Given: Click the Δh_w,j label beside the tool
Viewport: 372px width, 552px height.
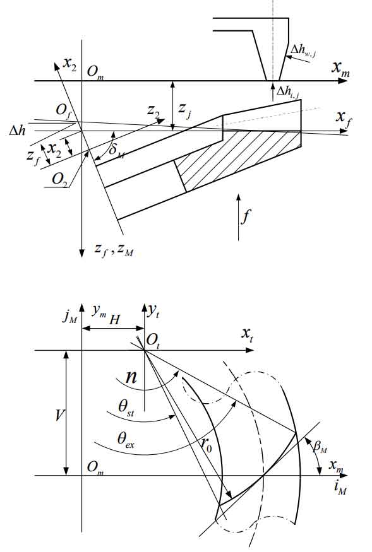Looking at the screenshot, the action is pyautogui.click(x=303, y=51).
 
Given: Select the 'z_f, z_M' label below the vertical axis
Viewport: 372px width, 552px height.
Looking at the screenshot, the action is pyautogui.click(x=114, y=250).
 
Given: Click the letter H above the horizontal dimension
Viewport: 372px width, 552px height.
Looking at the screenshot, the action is pyautogui.click(x=114, y=320).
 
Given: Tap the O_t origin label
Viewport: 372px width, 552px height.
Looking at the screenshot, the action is pyautogui.click(x=153, y=341).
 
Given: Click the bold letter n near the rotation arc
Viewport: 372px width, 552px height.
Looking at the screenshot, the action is pyautogui.click(x=131, y=377).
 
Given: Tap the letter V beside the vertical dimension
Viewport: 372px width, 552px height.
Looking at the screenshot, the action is pyautogui.click(x=59, y=416).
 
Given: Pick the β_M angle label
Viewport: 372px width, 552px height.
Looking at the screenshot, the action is pyautogui.click(x=320, y=447).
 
